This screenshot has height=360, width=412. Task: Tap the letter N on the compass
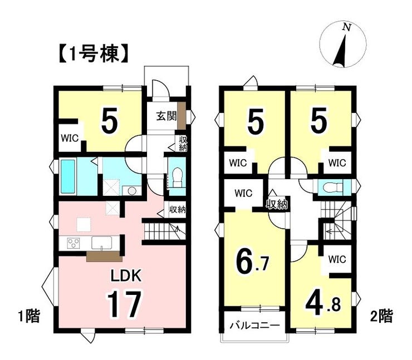(347, 27)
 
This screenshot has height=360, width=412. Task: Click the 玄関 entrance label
(166, 116)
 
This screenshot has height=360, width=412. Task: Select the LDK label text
(126, 276)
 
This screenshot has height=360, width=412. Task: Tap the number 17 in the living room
(124, 304)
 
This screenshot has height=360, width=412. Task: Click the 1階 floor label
(29, 316)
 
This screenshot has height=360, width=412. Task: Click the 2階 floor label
(381, 316)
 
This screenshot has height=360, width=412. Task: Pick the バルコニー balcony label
(254, 326)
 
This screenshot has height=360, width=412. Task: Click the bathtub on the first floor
(68, 176)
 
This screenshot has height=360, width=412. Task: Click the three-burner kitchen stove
(74, 243)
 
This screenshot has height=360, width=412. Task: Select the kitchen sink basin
(102, 243)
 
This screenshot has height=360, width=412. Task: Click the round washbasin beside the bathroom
(131, 191)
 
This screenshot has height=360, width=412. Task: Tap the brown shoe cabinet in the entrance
(182, 116)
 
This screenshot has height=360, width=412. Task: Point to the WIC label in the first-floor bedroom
(70, 138)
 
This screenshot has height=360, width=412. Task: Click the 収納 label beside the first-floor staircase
(178, 210)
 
